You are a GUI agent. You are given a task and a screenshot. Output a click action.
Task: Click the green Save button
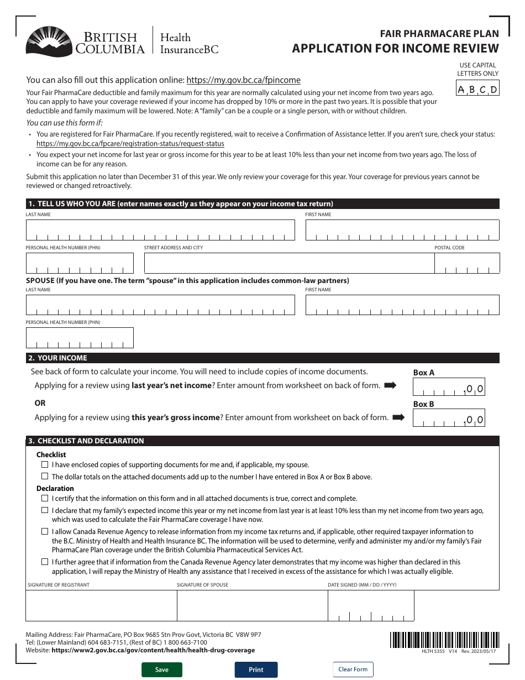(x=161, y=669)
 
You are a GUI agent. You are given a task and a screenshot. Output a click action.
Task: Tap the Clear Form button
(x=353, y=669)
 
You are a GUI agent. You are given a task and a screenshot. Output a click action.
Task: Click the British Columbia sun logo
(x=49, y=42)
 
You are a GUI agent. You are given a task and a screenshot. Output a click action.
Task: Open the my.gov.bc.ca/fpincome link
(x=243, y=80)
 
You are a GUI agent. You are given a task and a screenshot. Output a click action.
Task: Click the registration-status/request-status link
(x=130, y=144)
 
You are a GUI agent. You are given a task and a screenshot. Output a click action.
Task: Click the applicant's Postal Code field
(x=466, y=263)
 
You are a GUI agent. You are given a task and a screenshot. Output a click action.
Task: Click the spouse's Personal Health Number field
(x=80, y=338)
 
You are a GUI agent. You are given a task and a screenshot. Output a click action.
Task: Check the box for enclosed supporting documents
(x=45, y=465)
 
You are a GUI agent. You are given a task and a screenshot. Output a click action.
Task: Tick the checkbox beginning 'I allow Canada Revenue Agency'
(x=45, y=531)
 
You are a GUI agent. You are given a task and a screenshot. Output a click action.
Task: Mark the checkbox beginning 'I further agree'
(x=45, y=562)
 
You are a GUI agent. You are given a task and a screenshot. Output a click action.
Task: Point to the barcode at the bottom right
(x=443, y=640)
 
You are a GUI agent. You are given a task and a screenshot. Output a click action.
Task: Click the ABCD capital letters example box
(x=477, y=89)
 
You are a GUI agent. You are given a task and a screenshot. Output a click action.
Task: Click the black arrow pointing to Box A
(x=390, y=385)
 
